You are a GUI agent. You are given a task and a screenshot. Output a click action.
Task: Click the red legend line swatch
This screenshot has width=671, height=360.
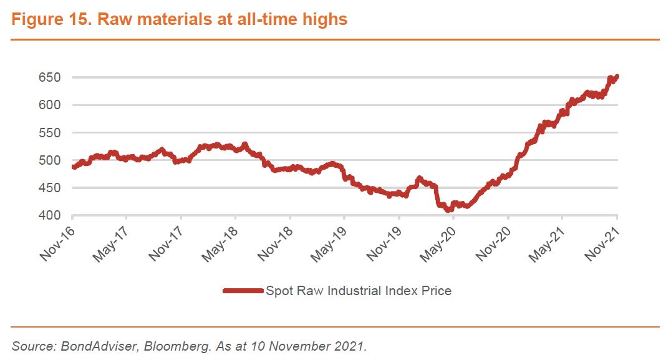click(x=243, y=291)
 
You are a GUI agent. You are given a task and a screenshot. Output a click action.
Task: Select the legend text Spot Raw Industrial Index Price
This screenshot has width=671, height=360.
click(x=358, y=291)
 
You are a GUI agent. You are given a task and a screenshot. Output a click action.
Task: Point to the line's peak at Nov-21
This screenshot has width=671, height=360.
click(x=617, y=77)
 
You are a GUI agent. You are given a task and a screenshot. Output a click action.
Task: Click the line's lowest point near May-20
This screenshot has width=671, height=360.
click(x=448, y=210)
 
